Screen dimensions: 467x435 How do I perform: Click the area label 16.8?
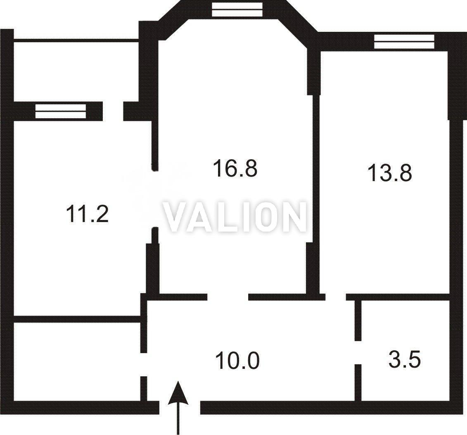pyautogui.click(x=235, y=168)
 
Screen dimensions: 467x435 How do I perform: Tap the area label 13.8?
pyautogui.click(x=390, y=173)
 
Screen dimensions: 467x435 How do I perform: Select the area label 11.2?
pyautogui.click(x=87, y=214)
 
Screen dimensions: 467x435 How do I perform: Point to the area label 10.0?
pyautogui.click(x=237, y=361)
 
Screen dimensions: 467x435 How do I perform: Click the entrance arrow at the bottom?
pyautogui.click(x=178, y=408)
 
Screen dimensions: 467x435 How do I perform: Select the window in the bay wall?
pyautogui.click(x=237, y=9)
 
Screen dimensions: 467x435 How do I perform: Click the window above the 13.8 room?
pyautogui.click(x=404, y=41)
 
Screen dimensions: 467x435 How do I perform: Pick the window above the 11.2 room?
pyautogui.click(x=60, y=111)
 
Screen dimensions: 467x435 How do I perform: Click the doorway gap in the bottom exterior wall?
pyautogui.click(x=180, y=408)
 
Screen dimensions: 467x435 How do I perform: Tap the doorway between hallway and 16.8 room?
pyautogui.click(x=228, y=297)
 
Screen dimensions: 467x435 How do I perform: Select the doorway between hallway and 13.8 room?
pyautogui.click(x=336, y=297)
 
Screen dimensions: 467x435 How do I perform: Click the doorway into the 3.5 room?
pyautogui.click(x=358, y=352)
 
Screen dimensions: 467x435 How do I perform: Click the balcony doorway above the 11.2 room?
pyautogui.click(x=113, y=111)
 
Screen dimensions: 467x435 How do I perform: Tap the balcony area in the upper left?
pyautogui.click(x=76, y=72)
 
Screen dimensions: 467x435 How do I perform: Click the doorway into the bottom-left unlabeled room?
pyautogui.click(x=144, y=365)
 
